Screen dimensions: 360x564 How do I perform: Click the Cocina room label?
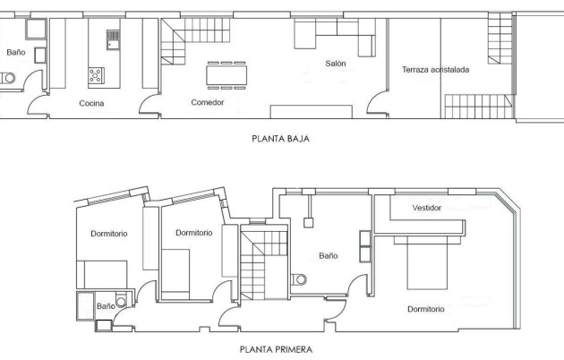click(x=91, y=104)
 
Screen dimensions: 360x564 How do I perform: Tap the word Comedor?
click(x=207, y=103)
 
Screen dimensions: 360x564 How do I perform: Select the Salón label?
click(x=336, y=64)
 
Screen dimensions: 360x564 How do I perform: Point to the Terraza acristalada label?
click(x=434, y=70)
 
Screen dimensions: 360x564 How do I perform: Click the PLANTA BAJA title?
click(x=282, y=140)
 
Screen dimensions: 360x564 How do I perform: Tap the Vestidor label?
click(x=427, y=208)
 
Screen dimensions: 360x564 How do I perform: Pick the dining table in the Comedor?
click(x=226, y=73)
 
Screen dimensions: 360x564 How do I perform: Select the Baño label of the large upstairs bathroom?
click(x=329, y=256)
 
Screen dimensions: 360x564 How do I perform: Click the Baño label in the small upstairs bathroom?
click(x=105, y=306)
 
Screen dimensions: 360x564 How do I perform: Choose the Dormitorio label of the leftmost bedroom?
click(x=109, y=234)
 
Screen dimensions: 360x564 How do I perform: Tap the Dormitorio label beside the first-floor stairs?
click(x=193, y=233)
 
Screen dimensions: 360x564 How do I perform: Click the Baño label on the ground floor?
click(x=15, y=53)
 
